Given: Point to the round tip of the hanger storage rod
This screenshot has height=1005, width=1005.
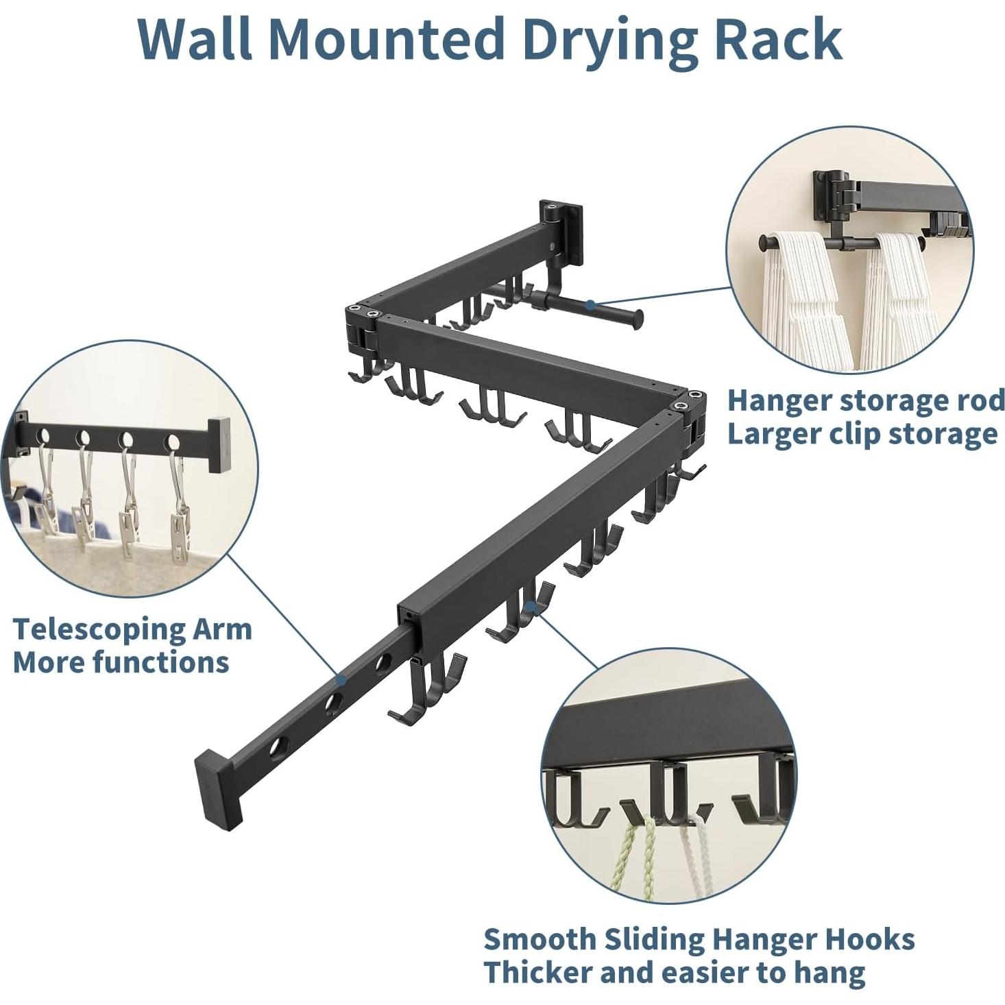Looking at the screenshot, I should tap(638, 317).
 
